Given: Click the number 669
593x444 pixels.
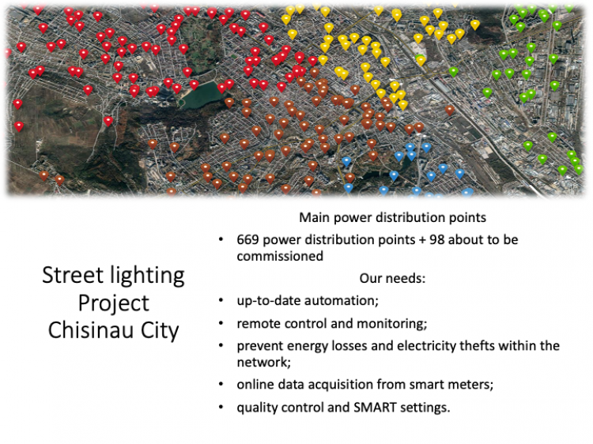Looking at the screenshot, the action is click(x=247, y=239).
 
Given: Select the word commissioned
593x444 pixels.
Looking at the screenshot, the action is click(x=280, y=256).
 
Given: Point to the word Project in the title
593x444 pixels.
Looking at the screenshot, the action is click(x=113, y=303).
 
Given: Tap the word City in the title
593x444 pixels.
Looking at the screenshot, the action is click(x=160, y=331).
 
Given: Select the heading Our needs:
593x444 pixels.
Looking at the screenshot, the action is click(x=392, y=278).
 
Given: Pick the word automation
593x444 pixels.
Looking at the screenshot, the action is click(x=341, y=301).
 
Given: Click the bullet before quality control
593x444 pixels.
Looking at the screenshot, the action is click(x=221, y=408).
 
